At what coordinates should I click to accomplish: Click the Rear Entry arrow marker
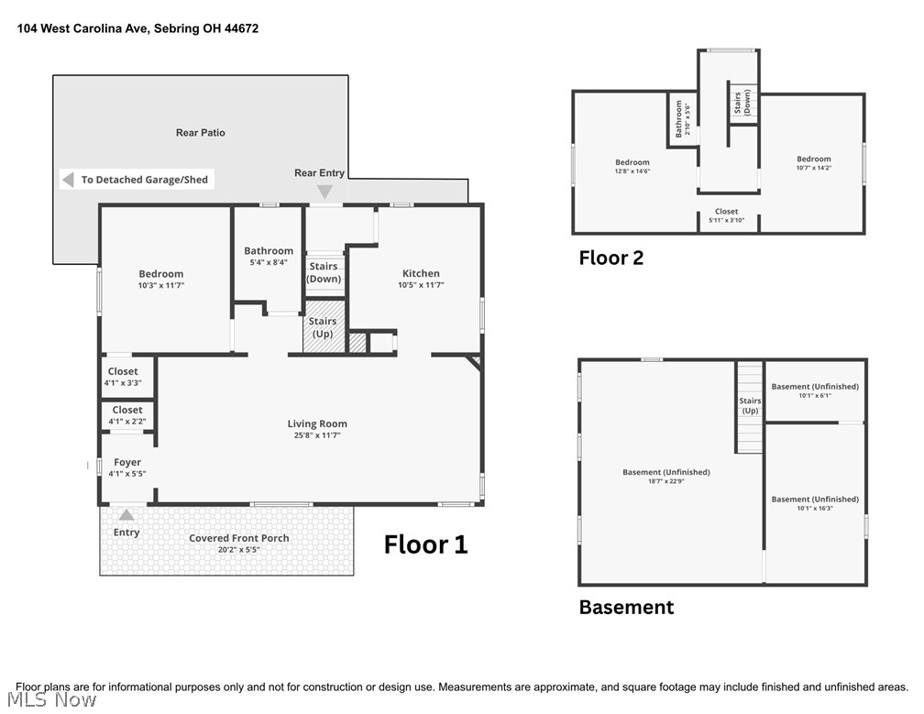pyautogui.click(x=324, y=192)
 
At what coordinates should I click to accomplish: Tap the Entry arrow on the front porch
pyautogui.click(x=126, y=515)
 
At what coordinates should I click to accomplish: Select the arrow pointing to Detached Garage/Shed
pyautogui.click(x=69, y=180)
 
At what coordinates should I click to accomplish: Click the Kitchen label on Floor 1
pyautogui.click(x=421, y=273)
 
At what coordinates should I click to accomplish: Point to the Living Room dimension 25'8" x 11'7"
pyautogui.click(x=317, y=435)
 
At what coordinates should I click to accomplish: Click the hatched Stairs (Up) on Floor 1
pyautogui.click(x=324, y=327)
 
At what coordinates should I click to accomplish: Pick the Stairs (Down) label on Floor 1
pyautogui.click(x=324, y=272)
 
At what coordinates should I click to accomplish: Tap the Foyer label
pyautogui.click(x=127, y=463)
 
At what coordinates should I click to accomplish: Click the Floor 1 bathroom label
pyautogui.click(x=269, y=251)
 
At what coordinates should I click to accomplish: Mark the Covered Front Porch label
pyautogui.click(x=238, y=538)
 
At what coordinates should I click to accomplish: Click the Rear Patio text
pyautogui.click(x=201, y=133)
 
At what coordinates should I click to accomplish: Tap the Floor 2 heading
pyautogui.click(x=611, y=258)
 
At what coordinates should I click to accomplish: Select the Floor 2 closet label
pyautogui.click(x=727, y=212)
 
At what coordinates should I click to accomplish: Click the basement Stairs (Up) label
pyautogui.click(x=750, y=406)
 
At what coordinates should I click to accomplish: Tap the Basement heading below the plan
pyautogui.click(x=626, y=608)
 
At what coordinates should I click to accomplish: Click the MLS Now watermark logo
pyautogui.click(x=52, y=700)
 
